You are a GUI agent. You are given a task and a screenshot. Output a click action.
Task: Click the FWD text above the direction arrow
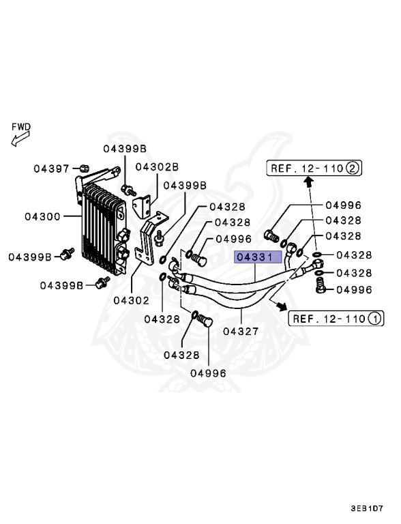click(20, 126)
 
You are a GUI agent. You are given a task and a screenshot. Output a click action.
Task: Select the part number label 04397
click(52, 168)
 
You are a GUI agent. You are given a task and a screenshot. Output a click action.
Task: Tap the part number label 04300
click(43, 216)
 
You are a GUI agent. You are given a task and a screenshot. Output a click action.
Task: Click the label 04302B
click(156, 166)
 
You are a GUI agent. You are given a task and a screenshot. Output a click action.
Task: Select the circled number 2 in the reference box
click(353, 168)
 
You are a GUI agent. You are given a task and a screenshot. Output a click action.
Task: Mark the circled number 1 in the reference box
click(374, 318)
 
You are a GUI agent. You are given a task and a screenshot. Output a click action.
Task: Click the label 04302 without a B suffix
click(131, 300)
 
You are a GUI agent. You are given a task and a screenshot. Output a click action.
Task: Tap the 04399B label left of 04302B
click(125, 148)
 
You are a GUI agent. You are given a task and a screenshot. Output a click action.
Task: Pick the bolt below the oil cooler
click(103, 281)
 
